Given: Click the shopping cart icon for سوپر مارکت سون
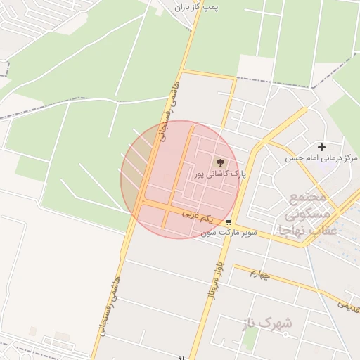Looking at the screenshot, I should [229, 221].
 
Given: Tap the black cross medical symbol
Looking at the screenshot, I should [322, 147].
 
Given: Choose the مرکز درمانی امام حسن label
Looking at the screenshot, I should [321, 158].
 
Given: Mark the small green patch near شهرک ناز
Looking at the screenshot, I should [250, 337].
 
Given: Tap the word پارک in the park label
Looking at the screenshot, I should [236, 174].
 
